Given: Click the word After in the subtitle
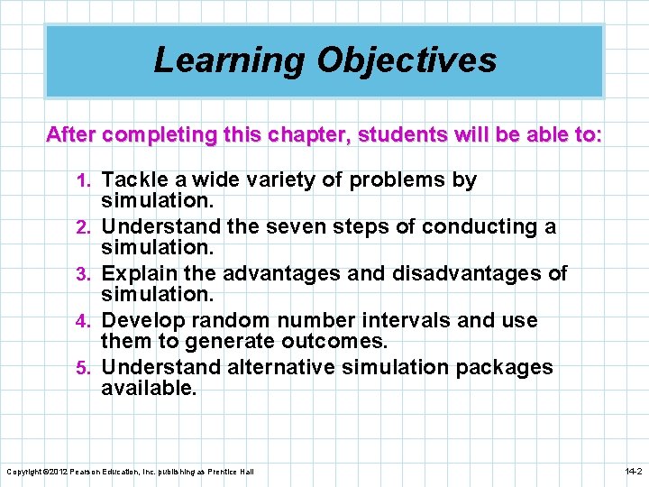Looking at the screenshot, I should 70,135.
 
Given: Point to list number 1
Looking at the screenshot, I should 88,181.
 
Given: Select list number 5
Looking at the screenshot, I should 88,369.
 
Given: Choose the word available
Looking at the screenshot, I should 148,389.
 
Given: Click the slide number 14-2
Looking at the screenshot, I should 633,472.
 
